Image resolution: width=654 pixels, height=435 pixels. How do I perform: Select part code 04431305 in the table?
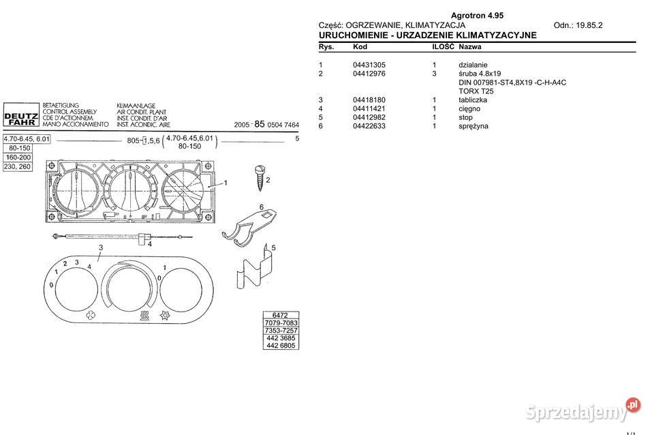tap(369, 65)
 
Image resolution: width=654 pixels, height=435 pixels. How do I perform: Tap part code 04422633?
tap(369, 126)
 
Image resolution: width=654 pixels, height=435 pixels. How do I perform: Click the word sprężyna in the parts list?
tap(473, 126)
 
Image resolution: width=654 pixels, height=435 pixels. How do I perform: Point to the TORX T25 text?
tap(476, 91)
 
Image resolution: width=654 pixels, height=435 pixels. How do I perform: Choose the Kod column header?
tap(360, 47)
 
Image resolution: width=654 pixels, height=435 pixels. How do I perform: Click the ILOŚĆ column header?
tap(443, 47)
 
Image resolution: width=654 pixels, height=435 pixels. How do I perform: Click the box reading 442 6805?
tap(281, 345)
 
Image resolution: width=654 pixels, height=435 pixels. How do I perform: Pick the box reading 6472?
tap(281, 315)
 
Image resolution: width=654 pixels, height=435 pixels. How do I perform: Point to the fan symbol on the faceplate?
tap(90, 315)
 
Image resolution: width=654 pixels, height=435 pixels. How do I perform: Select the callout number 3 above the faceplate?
tap(100, 247)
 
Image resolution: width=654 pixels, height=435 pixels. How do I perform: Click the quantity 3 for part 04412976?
tap(434, 74)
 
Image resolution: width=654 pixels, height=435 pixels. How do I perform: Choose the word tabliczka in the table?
tap(473, 100)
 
